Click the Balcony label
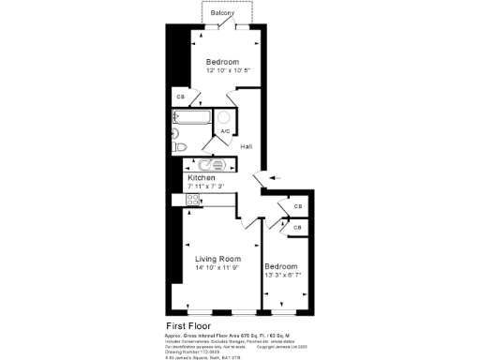[222, 13]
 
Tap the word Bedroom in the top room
[222, 63]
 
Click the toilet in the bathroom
[180, 145]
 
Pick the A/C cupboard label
[225, 131]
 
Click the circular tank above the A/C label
[225, 117]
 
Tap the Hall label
[246, 147]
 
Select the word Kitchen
[202, 177]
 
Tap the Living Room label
[217, 259]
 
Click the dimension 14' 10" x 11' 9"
[217, 268]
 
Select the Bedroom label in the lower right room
[281, 265]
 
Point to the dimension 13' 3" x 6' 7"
[281, 275]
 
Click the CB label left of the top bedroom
[180, 97]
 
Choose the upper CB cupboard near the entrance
[297, 207]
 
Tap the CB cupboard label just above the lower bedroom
[297, 227]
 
